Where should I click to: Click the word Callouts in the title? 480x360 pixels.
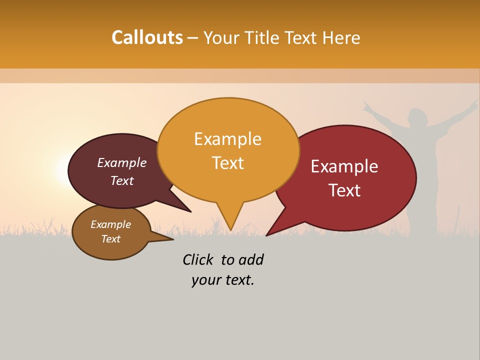coord(147,37)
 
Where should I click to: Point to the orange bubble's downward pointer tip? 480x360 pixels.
coord(231,229)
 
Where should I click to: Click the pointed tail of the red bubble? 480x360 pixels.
coord(267,234)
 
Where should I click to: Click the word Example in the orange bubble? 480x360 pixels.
coord(227,139)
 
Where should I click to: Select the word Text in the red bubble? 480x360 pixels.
coord(345,190)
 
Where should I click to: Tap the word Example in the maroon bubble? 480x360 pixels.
coord(122,162)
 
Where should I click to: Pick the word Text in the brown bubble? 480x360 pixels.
coord(111,239)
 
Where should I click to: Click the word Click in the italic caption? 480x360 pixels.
coord(197,259)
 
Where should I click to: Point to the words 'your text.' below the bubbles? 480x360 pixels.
coord(223,280)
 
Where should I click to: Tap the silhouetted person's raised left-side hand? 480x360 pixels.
coord(367,106)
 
